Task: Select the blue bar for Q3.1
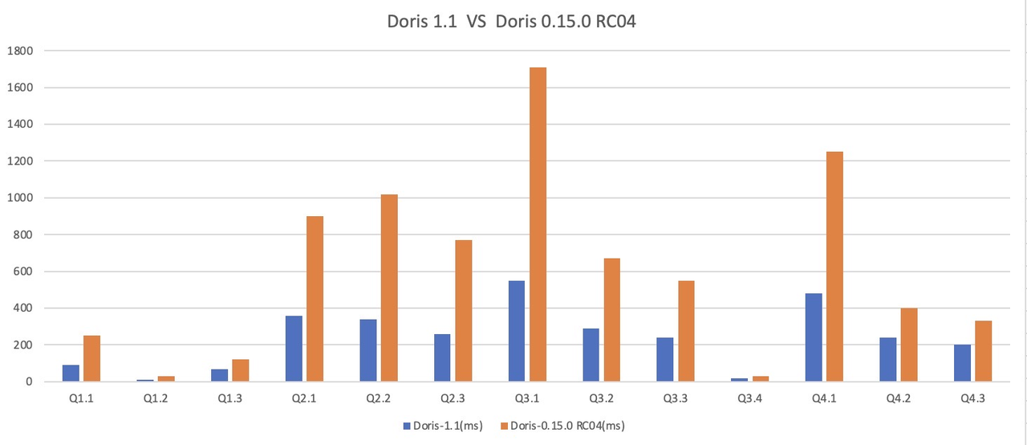pos(517,331)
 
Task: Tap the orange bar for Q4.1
pos(834,266)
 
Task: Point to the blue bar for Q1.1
pos(71,373)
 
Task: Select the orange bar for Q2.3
pos(463,310)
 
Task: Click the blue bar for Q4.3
pos(963,363)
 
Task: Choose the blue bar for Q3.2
pos(591,354)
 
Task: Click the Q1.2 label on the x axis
pos(155,398)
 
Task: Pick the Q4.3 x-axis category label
pos(972,398)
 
